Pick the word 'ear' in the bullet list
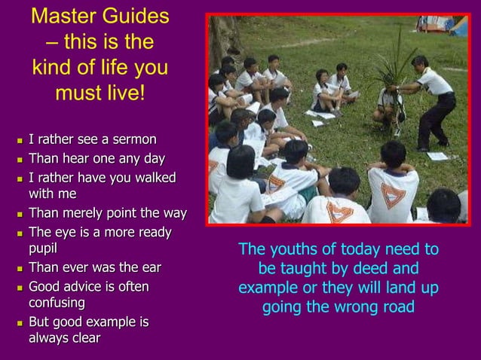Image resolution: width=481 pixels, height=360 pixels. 151,267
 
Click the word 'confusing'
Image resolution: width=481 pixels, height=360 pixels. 57,302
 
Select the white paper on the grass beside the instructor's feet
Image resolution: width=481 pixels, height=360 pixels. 437,156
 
